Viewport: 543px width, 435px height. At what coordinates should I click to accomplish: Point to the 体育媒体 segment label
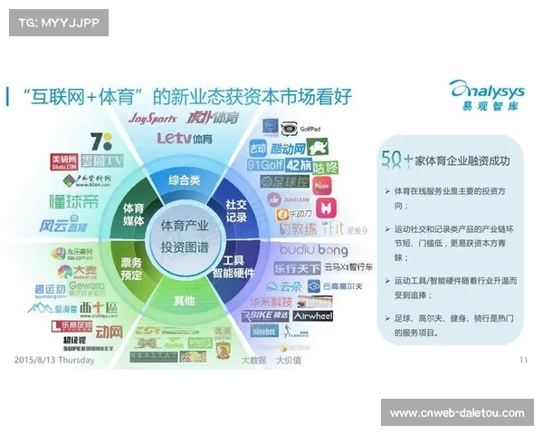pos(133,215)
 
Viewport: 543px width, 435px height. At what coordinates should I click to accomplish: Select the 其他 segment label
pos(184,300)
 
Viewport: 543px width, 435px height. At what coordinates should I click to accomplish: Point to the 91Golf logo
pos(266,165)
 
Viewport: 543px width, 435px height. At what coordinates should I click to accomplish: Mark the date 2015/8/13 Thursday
pos(54,360)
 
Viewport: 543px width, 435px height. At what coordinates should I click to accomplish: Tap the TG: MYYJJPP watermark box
pos(57,22)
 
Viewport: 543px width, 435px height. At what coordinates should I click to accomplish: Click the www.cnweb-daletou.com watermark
pos(456,413)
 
